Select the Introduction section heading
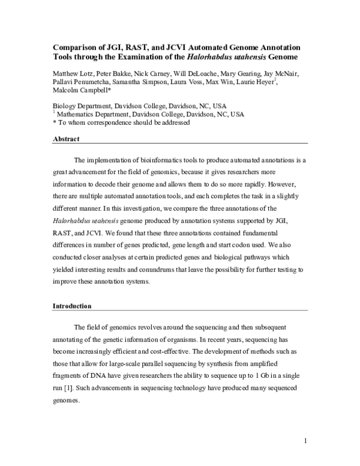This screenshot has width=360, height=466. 72,306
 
